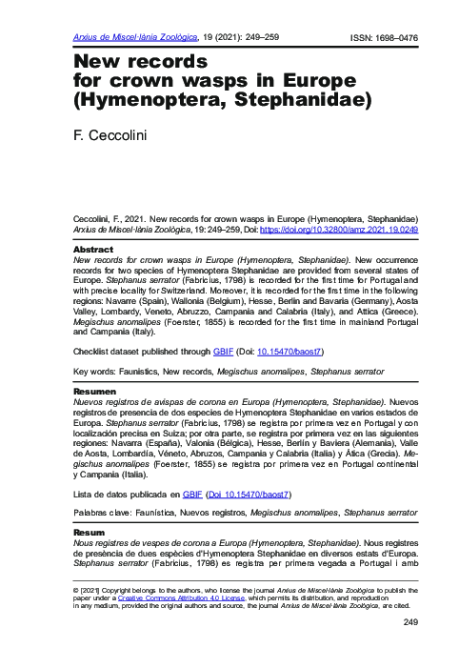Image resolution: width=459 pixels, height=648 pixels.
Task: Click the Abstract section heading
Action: click(x=92, y=250)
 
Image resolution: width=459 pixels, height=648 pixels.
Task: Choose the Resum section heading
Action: click(x=90, y=532)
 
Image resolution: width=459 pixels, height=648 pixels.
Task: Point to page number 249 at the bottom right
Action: click(x=411, y=622)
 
